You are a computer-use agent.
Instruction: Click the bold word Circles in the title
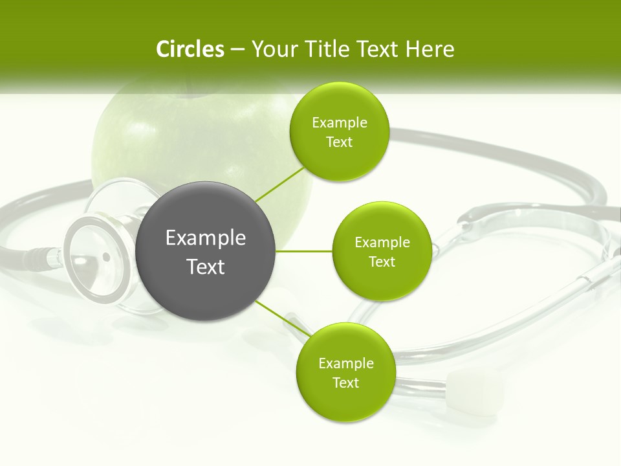tap(190, 49)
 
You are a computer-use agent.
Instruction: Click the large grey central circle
tap(206, 251)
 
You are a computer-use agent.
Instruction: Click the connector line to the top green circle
tap(279, 184)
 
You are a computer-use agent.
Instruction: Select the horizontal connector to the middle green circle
tap(304, 251)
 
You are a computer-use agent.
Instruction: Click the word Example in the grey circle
tap(206, 238)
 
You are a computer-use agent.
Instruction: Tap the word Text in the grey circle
tap(206, 267)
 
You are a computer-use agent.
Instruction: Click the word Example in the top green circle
tap(340, 122)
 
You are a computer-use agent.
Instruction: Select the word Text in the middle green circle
tap(382, 261)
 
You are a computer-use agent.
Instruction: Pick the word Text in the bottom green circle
tap(345, 383)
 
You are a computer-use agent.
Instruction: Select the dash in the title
tap(237, 49)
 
